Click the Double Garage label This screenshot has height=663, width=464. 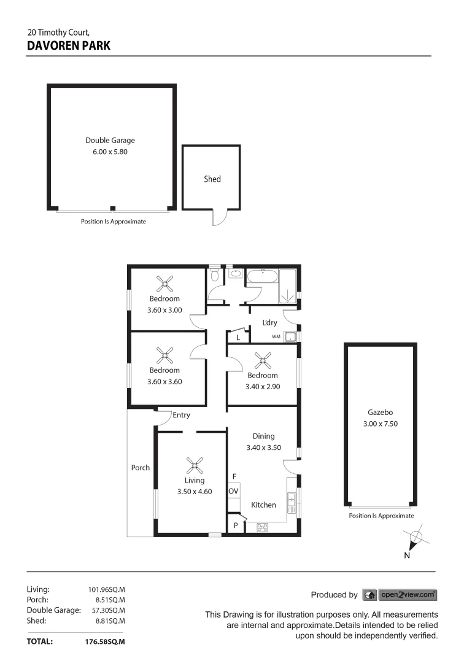tap(110, 141)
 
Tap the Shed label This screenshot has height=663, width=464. tap(212, 179)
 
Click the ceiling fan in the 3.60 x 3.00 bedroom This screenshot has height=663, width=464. tap(164, 284)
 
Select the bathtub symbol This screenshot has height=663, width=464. tap(262, 277)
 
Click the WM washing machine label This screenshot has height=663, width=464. tap(276, 336)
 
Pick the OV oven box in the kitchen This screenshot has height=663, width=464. tap(233, 492)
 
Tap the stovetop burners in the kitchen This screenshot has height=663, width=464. tap(263, 527)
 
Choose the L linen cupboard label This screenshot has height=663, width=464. tap(238, 337)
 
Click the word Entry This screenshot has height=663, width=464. tap(181, 415)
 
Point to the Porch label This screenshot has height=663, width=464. tap(141, 468)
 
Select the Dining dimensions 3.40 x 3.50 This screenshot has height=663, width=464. tap(263, 448)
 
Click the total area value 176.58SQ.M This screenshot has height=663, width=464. tap(104, 642)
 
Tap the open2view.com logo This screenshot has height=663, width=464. tap(408, 594)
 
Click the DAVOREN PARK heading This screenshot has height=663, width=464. tap(69, 45)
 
